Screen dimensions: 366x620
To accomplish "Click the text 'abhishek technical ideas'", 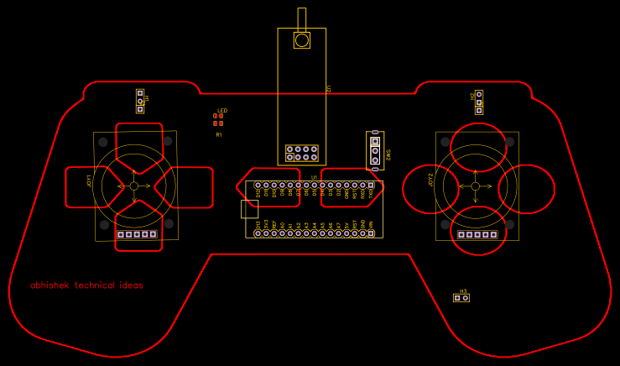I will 86,285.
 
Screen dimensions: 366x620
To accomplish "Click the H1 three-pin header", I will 140,101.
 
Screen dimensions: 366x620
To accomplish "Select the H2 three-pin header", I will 479,102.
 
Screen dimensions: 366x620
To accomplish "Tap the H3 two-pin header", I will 461,298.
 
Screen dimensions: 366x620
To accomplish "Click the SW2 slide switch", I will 375,150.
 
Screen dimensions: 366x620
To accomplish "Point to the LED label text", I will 222,111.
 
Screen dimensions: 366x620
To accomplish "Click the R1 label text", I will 219,134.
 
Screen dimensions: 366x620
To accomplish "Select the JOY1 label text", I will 90,180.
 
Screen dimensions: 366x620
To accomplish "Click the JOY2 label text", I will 431,180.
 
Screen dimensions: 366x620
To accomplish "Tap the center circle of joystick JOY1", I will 134,186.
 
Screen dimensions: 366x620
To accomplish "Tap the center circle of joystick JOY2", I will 476,186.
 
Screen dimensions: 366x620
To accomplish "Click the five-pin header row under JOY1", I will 137,234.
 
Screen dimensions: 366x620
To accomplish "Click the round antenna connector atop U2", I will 301,39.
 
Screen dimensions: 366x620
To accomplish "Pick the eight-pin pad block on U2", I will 302,153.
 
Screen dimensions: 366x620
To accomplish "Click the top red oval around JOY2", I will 478,146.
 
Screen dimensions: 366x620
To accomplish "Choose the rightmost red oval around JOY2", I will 527,189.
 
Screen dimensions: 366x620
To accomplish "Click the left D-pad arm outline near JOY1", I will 91,186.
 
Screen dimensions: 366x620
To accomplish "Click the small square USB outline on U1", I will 249,209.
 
